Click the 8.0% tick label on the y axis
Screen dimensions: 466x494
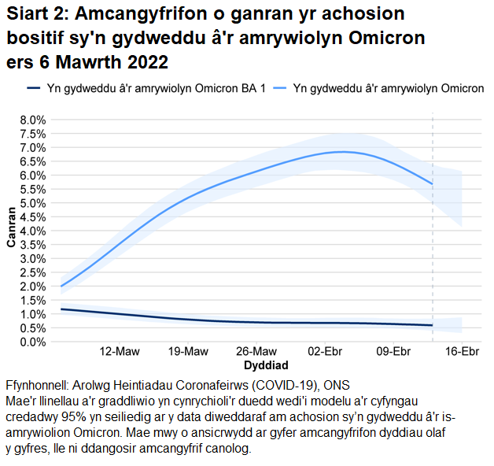point(32,120)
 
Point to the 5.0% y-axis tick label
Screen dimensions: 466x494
point(32,203)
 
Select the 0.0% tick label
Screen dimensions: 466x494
point(32,342)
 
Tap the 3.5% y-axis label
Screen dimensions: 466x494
point(32,245)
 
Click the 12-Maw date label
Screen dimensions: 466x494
point(120,351)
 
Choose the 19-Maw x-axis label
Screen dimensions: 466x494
point(190,351)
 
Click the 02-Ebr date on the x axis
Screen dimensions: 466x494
point(326,351)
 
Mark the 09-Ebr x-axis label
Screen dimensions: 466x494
point(393,351)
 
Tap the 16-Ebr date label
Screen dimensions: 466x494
point(462,351)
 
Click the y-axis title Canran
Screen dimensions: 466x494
point(12,227)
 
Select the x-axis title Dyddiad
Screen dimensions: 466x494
point(265,366)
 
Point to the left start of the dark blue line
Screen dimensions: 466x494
point(61,309)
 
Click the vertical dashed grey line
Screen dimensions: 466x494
point(433,236)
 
